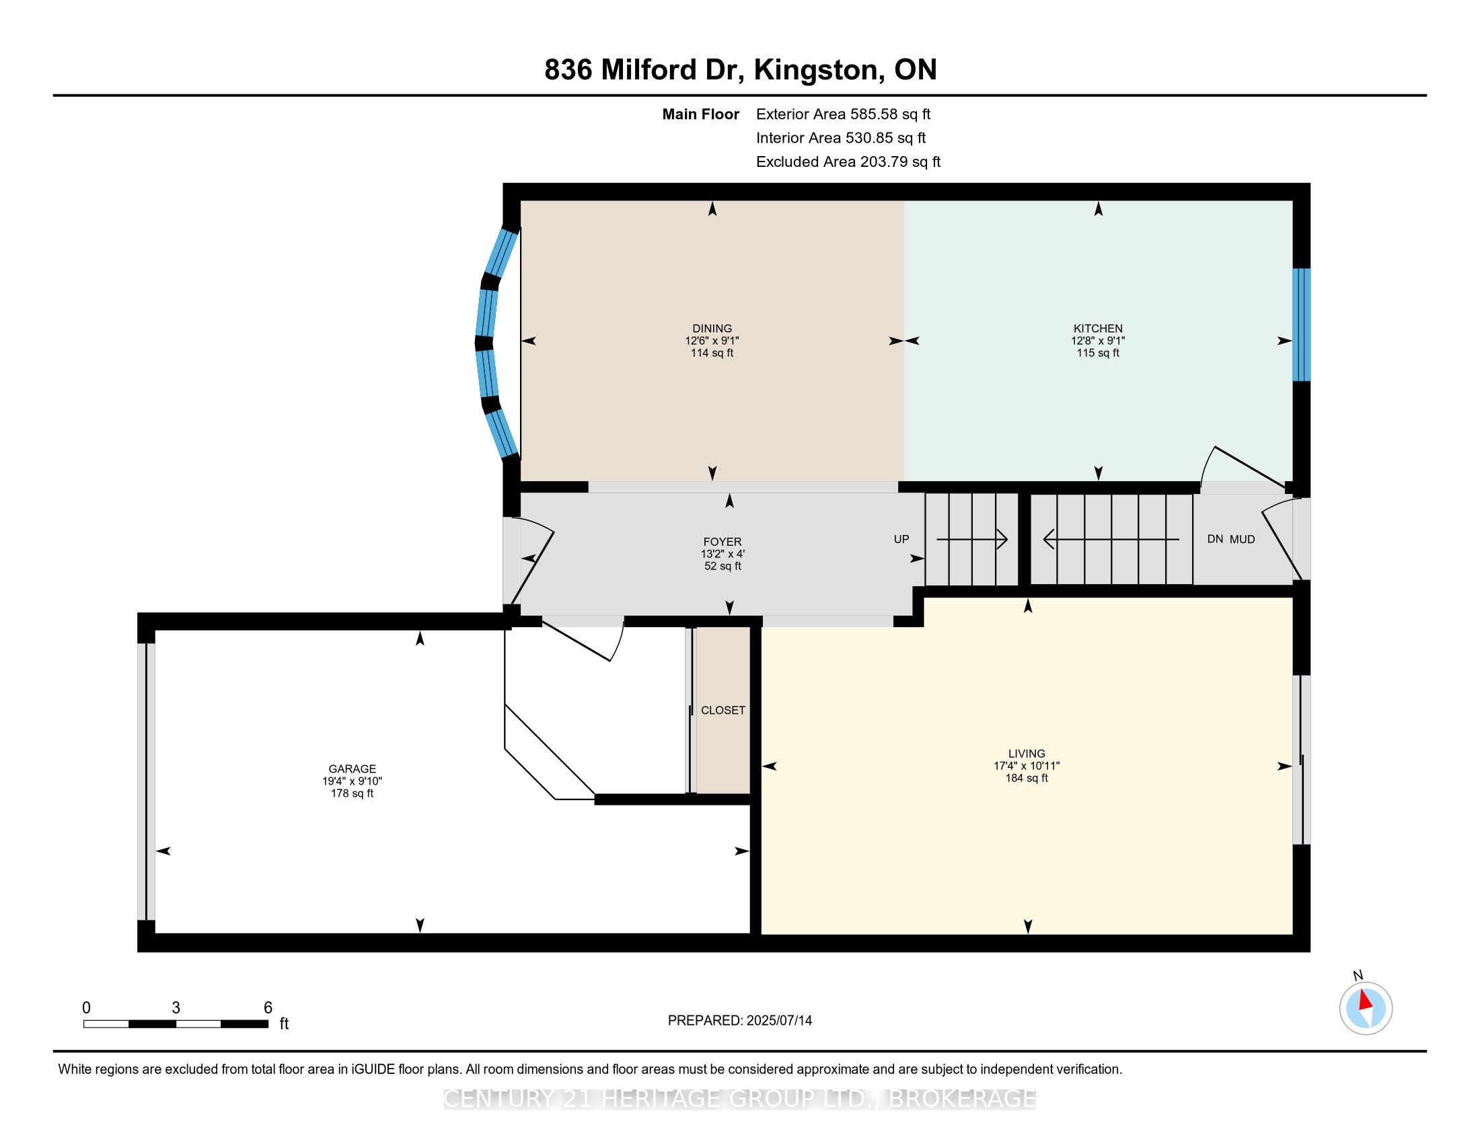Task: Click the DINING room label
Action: (712, 328)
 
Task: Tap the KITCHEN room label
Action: (1098, 328)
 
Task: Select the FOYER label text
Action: (723, 542)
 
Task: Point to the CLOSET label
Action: (723, 710)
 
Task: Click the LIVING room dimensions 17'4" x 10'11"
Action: (1026, 766)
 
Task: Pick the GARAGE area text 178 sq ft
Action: (352, 793)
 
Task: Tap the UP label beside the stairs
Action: (901, 540)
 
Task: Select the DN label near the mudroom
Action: (1215, 540)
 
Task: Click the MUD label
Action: (1242, 540)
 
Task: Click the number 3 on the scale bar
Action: (176, 1008)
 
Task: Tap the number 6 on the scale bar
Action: (268, 1008)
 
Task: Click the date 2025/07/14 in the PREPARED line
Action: (778, 1021)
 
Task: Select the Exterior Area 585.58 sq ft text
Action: (843, 114)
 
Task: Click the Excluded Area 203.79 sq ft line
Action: (848, 162)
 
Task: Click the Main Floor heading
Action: (700, 114)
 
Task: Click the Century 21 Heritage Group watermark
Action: (739, 1099)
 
